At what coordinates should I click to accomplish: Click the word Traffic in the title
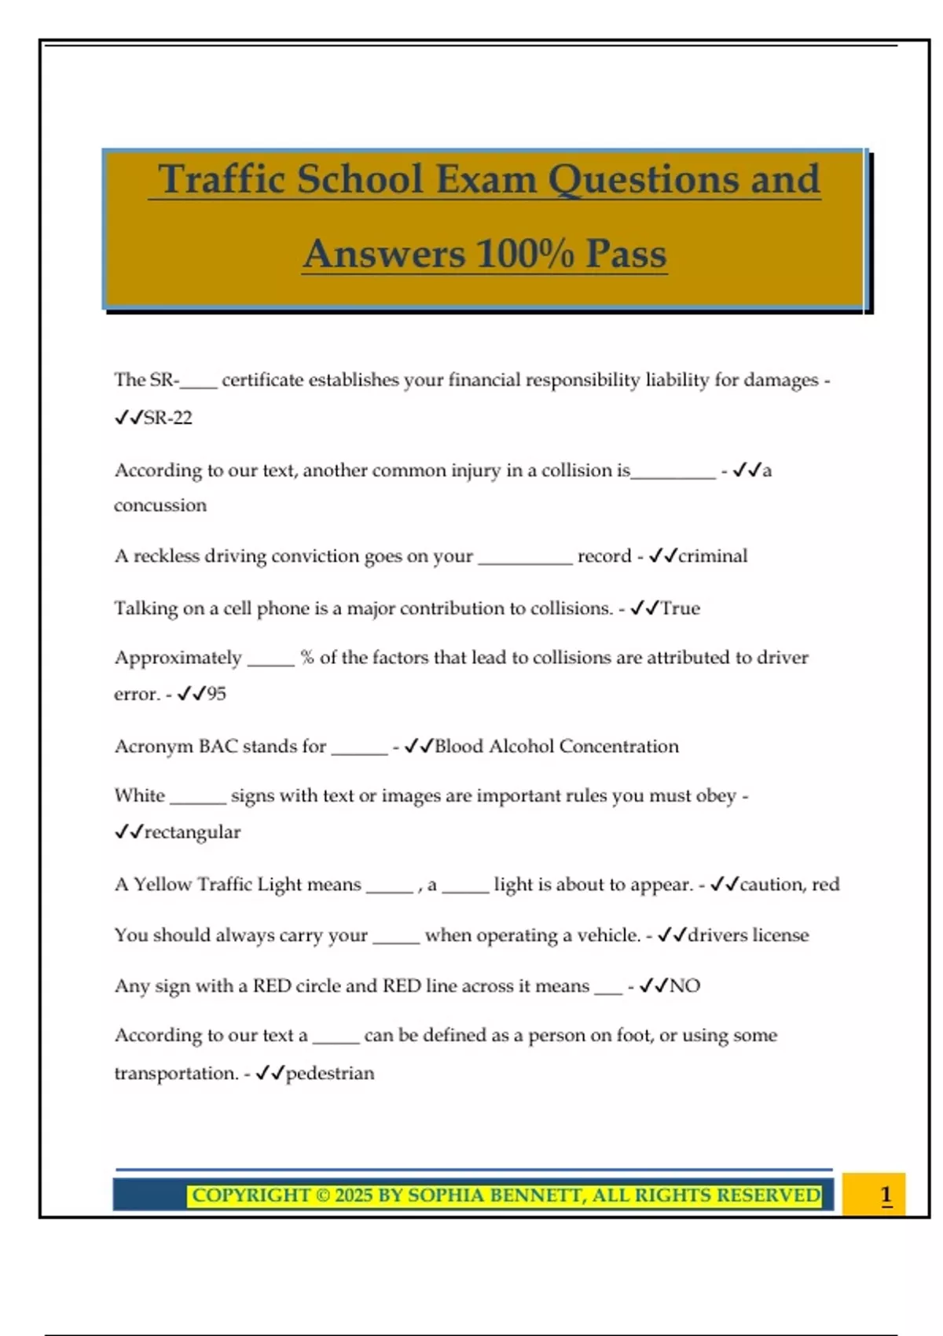221,179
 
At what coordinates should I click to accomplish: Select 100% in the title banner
525,254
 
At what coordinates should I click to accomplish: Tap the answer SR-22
167,418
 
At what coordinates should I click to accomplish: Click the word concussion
160,505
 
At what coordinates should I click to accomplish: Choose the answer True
680,608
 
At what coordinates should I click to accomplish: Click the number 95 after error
216,694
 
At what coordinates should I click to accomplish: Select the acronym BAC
218,747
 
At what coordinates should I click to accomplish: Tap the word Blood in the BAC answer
458,747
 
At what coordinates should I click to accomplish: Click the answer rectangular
192,832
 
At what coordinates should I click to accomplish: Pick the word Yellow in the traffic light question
163,885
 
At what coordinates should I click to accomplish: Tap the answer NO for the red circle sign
684,986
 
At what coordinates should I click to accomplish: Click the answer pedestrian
329,1074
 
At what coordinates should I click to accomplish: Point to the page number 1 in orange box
886,1195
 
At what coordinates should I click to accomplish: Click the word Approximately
178,658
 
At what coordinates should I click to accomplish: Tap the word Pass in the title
626,254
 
